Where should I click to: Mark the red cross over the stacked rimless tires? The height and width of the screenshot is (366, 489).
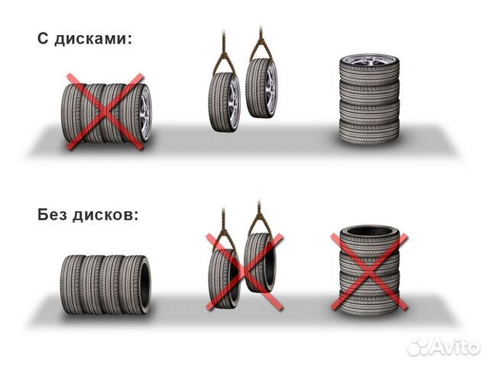pyautogui.click(x=368, y=271)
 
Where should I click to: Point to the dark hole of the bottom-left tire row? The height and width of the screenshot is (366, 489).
pyautogui.click(x=146, y=282)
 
